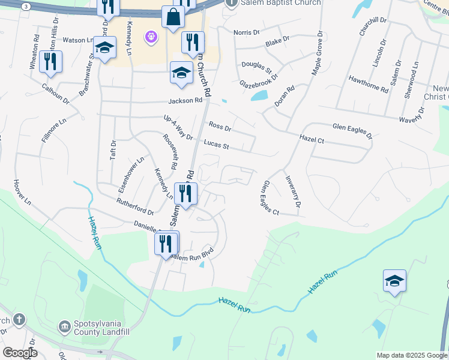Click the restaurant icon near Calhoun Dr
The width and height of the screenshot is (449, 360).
click(51, 62)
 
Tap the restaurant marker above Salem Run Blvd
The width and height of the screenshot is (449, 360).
click(166, 244)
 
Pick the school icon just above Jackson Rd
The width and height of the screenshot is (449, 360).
click(181, 73)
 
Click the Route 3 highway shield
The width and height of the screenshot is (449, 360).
click(26, 6)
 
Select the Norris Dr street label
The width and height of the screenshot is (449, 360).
click(247, 32)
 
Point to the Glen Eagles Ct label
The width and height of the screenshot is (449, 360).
click(271, 198)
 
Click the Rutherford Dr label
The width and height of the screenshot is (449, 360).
click(135, 207)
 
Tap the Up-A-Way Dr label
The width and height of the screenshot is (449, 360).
click(178, 128)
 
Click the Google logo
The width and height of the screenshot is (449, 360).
click(19, 353)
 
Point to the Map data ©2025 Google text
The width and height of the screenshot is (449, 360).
click(411, 355)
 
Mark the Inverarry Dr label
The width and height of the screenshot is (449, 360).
click(293, 191)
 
